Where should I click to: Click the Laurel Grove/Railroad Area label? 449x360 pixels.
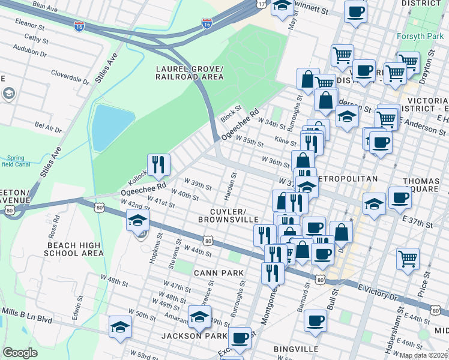click(189, 73)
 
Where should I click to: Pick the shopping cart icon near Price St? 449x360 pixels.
click(408, 259)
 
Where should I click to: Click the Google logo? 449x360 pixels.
click(20, 353)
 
